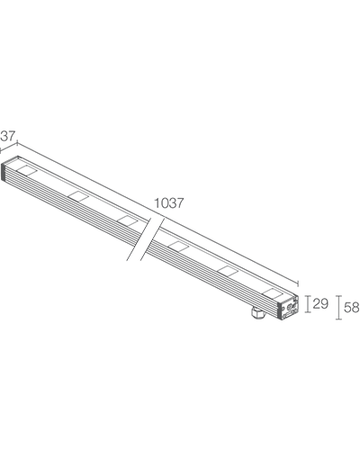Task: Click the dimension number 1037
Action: (168, 203)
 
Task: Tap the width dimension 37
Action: (7, 136)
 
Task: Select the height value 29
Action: (320, 304)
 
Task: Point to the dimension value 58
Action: (352, 307)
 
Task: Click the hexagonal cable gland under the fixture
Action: (258, 313)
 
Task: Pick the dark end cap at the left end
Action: (4, 172)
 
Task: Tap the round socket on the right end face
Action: (290, 307)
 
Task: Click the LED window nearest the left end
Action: (27, 170)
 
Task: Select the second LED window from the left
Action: (78, 195)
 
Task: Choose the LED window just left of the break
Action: (128, 220)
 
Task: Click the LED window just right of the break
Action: (178, 246)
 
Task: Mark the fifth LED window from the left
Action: (228, 270)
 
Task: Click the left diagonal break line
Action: (139, 239)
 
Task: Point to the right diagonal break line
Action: (153, 239)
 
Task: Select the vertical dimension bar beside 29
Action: (307, 304)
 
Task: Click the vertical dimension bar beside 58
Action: (338, 308)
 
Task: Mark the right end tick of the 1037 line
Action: (298, 283)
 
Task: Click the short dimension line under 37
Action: (8, 146)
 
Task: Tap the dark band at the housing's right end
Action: (281, 310)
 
